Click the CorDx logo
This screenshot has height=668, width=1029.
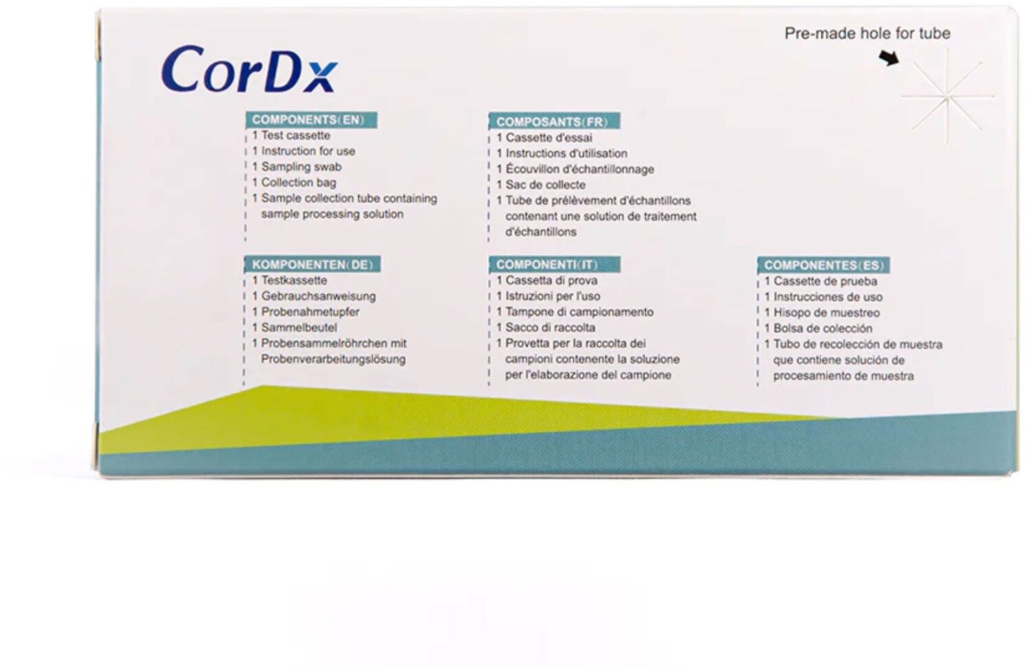point(249,69)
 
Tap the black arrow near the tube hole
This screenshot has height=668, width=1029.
point(889,58)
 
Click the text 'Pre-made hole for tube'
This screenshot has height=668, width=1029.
point(867,33)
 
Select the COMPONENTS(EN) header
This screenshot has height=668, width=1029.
point(311,120)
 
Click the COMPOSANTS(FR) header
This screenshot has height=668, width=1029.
point(554,122)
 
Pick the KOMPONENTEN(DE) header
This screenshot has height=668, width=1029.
point(312,264)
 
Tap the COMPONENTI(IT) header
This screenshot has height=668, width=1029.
point(555,264)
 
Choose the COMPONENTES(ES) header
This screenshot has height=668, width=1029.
point(824,265)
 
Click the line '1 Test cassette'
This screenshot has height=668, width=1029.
point(292,136)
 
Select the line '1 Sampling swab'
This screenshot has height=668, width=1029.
point(297,167)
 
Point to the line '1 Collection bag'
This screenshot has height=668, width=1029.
point(294,183)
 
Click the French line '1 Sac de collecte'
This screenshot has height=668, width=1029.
point(541,185)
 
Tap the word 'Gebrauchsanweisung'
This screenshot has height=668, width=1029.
point(318,297)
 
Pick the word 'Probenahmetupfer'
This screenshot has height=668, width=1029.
point(310,312)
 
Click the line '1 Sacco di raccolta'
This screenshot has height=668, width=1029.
point(546,327)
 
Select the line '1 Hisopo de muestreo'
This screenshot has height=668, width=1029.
point(822,313)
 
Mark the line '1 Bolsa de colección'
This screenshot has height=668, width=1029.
point(818,329)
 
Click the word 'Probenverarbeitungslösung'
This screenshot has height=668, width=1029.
point(333,360)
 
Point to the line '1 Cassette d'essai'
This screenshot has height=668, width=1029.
point(545,137)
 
